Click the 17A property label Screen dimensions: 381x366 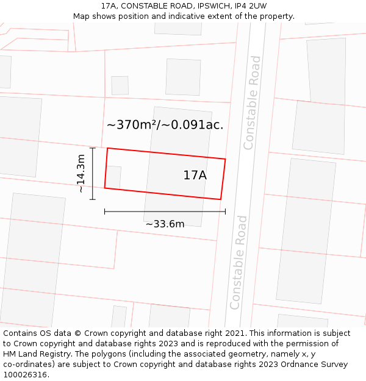point(195,176)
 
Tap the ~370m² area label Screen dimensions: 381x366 point(165,125)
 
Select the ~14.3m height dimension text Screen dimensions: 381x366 point(81,174)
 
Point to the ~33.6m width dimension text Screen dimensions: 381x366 point(165,224)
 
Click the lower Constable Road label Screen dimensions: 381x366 point(239,262)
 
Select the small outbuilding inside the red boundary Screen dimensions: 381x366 point(113,177)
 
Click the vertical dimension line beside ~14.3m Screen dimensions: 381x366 point(93,174)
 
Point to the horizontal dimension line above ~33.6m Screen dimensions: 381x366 point(165,212)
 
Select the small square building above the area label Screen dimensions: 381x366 point(120,85)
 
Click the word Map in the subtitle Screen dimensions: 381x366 point(82,16)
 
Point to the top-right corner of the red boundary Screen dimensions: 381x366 point(225,160)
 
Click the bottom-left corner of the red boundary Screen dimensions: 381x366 point(105,188)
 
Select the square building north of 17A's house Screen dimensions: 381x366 point(183,77)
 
